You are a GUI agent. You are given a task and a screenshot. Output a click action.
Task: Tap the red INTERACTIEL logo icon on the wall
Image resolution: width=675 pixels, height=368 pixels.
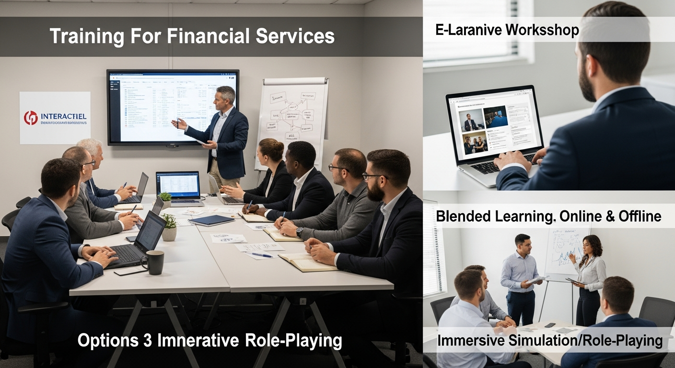[31, 117]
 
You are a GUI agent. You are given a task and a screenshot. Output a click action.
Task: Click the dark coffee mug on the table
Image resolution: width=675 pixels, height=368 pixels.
[155, 262]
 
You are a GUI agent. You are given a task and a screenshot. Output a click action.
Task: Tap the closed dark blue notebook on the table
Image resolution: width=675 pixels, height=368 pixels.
[211, 220]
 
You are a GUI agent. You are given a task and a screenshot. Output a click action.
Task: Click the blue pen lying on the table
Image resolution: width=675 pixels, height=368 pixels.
[261, 254]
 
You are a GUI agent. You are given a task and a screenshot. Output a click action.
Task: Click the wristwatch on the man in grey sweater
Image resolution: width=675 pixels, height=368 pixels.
[299, 232]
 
